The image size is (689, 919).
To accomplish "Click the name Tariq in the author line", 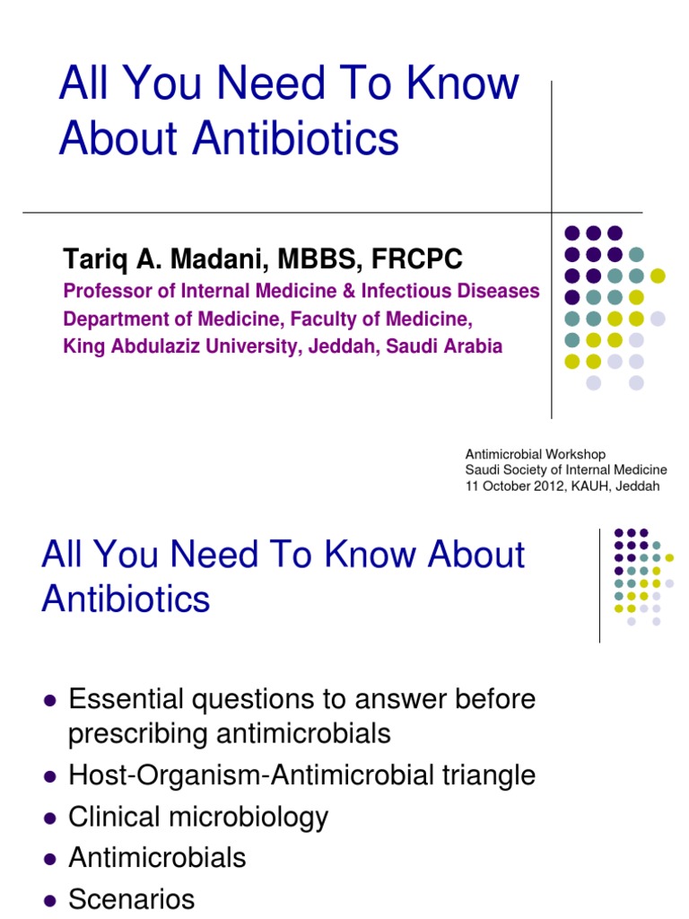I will point(92,260).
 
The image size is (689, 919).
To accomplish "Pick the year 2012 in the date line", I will point(545,486).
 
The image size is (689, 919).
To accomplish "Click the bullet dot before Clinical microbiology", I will point(50,818).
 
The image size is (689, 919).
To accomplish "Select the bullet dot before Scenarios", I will point(50,900).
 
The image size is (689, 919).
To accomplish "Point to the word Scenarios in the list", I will point(132,899).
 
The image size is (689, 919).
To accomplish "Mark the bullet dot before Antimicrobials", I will point(50,859).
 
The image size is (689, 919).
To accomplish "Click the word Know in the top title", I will point(462,83).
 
